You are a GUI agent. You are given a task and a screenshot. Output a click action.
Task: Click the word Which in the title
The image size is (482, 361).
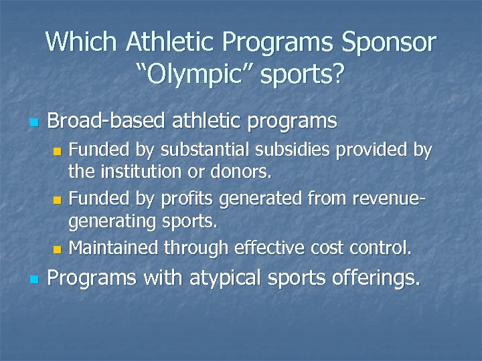[81, 43]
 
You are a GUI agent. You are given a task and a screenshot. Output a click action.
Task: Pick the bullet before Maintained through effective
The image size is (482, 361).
[57, 249]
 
